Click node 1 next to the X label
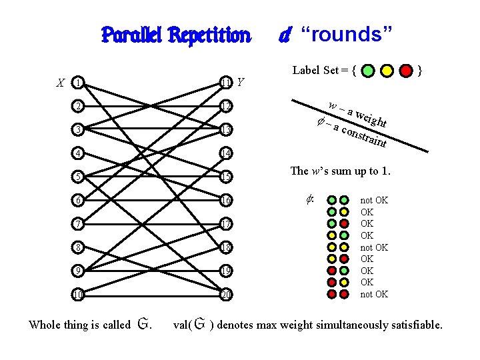[79, 83]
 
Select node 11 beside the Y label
[227, 83]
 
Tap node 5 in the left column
[79, 177]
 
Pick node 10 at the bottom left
[79, 294]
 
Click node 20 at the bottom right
[227, 294]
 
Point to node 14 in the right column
[227, 153]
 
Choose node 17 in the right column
[227, 223]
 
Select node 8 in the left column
[79, 247]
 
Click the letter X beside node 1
[61, 84]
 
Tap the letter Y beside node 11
[241, 83]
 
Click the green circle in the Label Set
[369, 69]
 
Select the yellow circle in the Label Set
[387, 69]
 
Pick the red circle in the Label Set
[406, 69]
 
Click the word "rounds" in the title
[347, 35]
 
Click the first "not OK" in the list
[374, 200]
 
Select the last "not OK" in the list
[374, 294]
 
